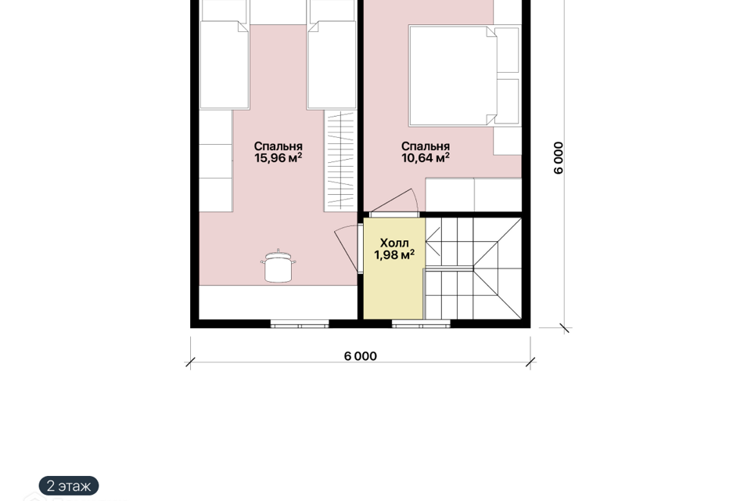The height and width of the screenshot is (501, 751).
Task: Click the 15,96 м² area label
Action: coord(278,157)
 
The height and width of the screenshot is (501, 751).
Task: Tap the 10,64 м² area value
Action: coord(426,157)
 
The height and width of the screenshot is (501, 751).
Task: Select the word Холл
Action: coord(394,243)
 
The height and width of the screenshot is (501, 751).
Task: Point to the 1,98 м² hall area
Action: coord(394,254)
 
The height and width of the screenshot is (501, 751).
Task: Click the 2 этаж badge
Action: coord(69,485)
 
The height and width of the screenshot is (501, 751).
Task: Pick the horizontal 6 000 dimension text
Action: coord(360,356)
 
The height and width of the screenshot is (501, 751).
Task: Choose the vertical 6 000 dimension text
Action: coord(559,157)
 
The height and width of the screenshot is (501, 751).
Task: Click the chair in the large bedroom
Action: coord(278,266)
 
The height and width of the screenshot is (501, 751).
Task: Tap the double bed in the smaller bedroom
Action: coord(464,76)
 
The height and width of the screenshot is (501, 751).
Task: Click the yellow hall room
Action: coord(393,269)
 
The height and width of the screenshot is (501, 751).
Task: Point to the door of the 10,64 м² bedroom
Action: coord(396,202)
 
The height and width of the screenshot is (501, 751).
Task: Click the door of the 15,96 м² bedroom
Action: coord(347,248)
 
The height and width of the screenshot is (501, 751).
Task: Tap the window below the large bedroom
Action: coord(300,324)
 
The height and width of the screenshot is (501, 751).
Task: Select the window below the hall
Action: coord(421,324)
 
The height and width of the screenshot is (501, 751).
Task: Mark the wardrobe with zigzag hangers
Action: coord(340,160)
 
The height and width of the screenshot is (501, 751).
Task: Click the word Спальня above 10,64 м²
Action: coord(426,146)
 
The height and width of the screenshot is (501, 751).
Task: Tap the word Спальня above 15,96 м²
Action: coord(278,146)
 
